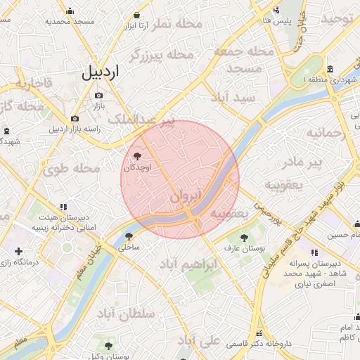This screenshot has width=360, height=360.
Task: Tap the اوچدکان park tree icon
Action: (136, 156)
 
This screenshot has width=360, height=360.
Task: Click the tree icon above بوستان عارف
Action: (244, 238)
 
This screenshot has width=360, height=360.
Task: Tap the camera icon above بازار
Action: (98, 95)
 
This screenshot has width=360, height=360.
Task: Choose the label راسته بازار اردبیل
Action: (75, 129)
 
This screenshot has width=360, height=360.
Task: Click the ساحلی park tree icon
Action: (128, 236)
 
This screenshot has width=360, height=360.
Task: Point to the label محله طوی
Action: (72, 169)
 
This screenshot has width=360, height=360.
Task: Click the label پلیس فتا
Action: (277, 21)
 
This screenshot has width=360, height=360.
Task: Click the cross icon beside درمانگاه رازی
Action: (18, 251)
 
